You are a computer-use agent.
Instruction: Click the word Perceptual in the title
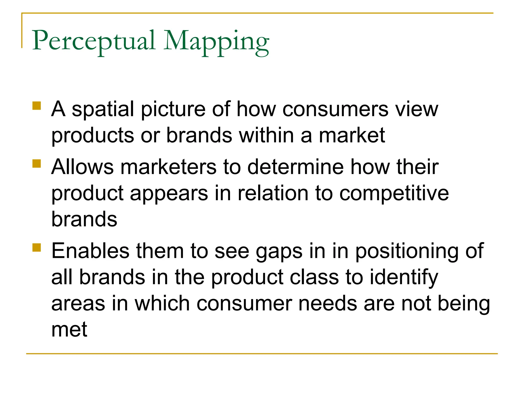click(94, 41)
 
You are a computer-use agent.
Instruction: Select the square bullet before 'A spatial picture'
click(37, 106)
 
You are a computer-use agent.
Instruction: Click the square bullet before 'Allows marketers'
click(37, 163)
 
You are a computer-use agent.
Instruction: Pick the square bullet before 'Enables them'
click(37, 248)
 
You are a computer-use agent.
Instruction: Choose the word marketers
click(168, 167)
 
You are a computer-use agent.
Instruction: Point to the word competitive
click(394, 193)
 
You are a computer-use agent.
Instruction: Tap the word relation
click(273, 193)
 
